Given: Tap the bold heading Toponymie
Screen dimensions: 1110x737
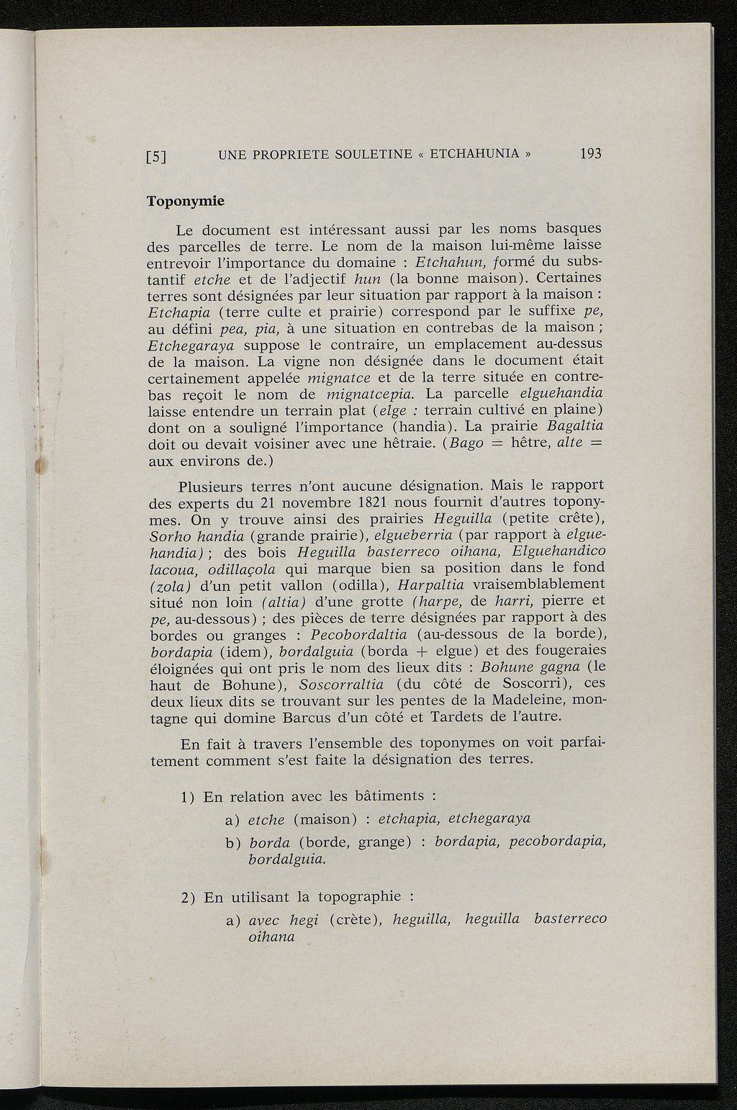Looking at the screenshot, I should (186, 201).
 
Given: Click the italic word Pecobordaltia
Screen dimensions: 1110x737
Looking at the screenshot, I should (358, 634).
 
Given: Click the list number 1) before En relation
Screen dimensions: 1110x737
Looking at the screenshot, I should (189, 797).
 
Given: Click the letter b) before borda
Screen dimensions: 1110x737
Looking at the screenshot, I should (232, 842).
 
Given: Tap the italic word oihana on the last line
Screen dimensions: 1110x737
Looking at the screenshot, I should (271, 937).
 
